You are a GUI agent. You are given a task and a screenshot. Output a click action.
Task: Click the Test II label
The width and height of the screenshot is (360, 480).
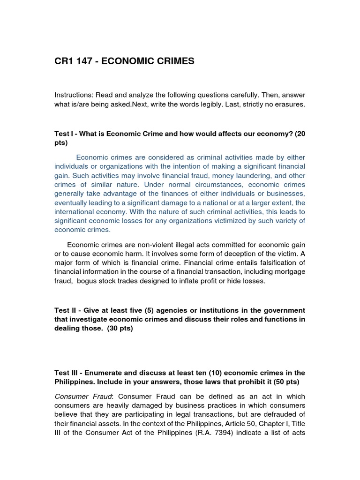click(x=66, y=311)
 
